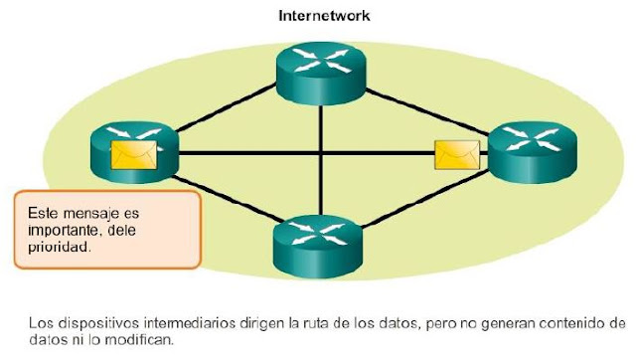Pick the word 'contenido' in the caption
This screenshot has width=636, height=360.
(561, 322)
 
